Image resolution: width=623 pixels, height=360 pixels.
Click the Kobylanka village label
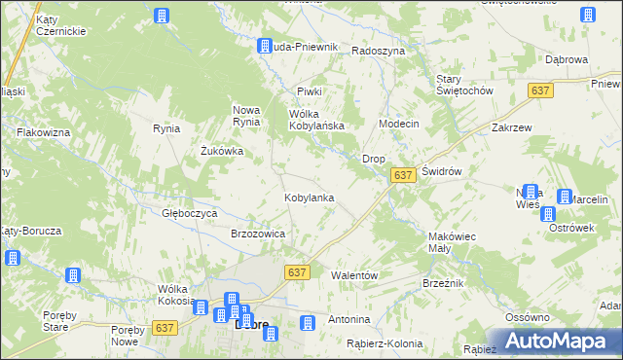click(x=310, y=198)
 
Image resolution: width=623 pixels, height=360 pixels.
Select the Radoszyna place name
click(x=378, y=51)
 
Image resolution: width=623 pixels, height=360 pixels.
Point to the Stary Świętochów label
click(x=464, y=84)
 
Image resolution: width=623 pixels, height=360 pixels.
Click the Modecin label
click(x=398, y=125)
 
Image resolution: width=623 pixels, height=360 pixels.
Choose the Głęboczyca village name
click(x=189, y=212)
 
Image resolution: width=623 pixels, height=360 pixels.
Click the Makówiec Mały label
click(x=452, y=242)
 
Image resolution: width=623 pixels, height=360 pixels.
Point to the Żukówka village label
click(x=221, y=151)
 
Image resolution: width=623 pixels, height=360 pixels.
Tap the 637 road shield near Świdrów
click(x=405, y=174)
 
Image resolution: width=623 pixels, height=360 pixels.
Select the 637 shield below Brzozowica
click(x=298, y=273)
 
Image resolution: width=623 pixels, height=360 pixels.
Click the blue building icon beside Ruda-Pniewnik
click(x=264, y=46)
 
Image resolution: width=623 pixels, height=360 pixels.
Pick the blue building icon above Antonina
click(x=308, y=322)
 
